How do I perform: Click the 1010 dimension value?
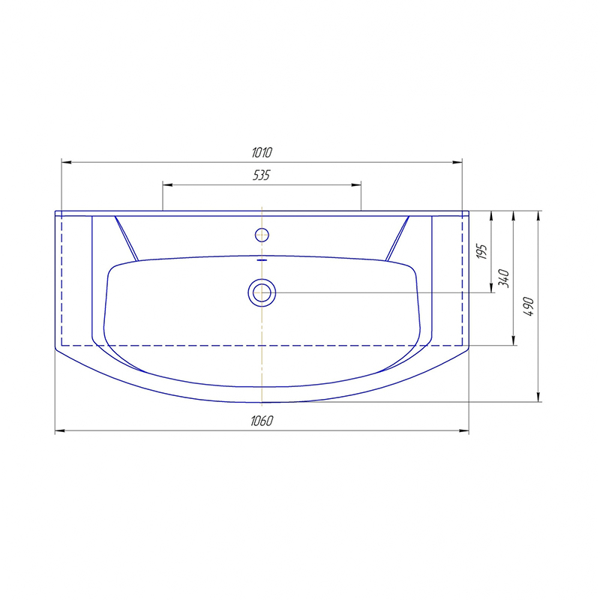[x=262, y=152]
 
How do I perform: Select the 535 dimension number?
[x=261, y=175]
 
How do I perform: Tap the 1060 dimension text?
[x=262, y=421]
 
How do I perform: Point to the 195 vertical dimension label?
[x=483, y=251]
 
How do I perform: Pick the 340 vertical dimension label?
[x=503, y=278]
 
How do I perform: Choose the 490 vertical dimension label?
[x=529, y=306]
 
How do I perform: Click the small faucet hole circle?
[x=262, y=235]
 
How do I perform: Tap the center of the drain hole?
[x=262, y=292]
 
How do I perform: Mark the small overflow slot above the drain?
[x=262, y=259]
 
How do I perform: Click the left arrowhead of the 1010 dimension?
[x=66, y=162]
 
